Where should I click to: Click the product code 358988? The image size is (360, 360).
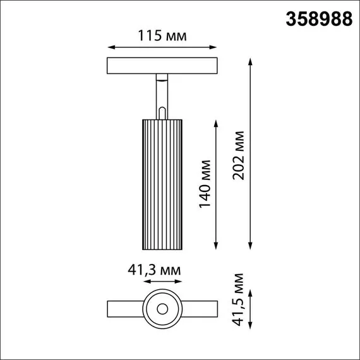click(x=320, y=20)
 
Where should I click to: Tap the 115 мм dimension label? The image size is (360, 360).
click(x=162, y=36)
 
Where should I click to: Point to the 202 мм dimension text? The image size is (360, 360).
click(x=239, y=155)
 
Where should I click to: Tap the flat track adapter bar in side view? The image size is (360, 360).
click(x=163, y=66)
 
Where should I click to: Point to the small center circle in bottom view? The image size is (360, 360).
click(x=163, y=309)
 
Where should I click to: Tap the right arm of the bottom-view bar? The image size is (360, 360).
click(x=200, y=309)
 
